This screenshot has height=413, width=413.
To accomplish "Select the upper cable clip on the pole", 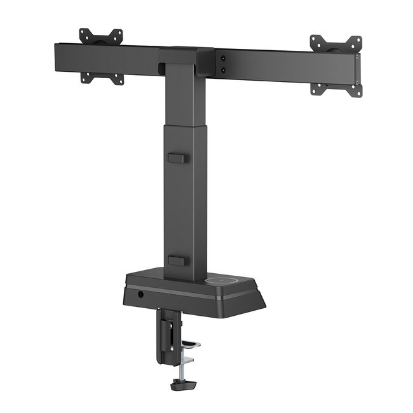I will click(x=178, y=157).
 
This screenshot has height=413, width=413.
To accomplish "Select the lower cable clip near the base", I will click(x=179, y=260).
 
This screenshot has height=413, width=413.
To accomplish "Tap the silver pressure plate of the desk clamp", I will click(x=191, y=345).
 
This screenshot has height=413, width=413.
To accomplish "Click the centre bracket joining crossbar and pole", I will click(x=187, y=60).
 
